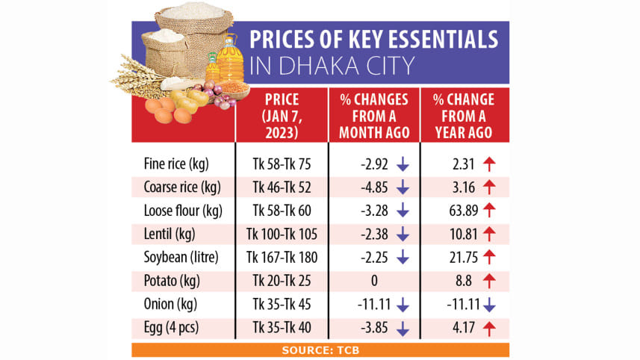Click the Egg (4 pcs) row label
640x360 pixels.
click(170, 327)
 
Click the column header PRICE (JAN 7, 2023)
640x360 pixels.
click(282, 116)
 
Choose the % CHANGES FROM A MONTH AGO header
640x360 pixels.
click(373, 116)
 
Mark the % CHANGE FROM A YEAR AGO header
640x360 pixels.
click(465, 116)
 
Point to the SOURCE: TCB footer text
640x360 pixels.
click(320, 350)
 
